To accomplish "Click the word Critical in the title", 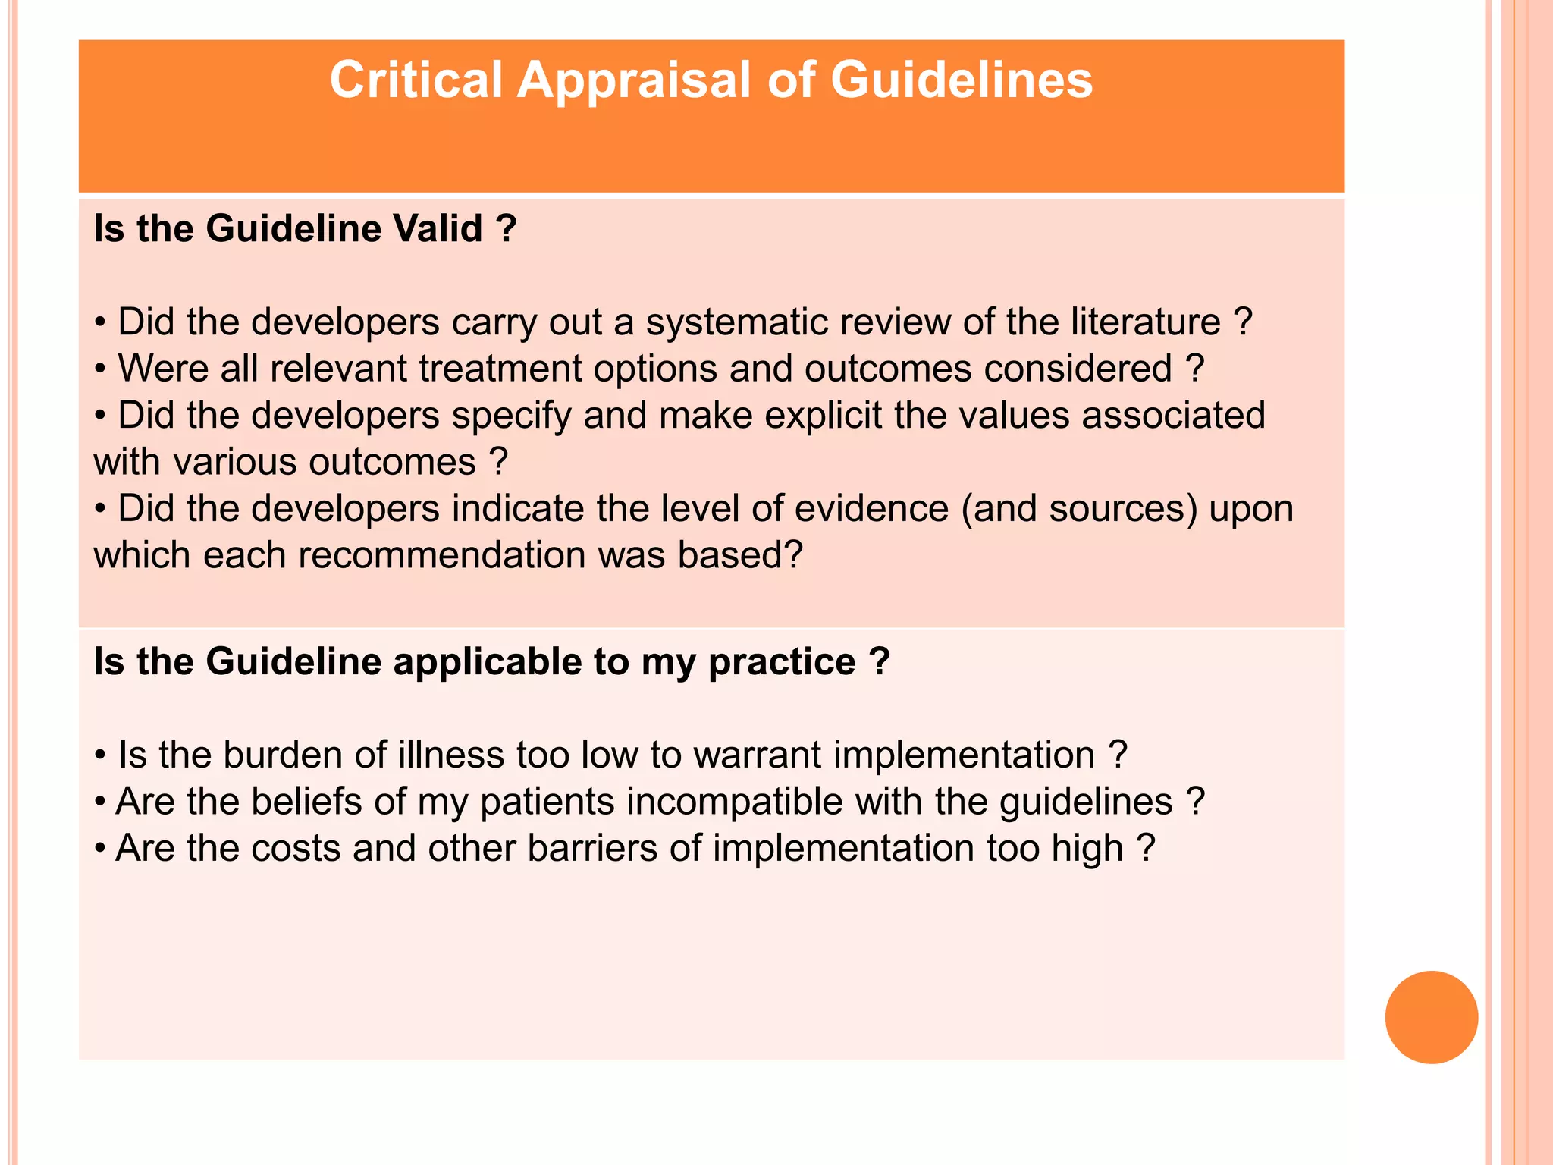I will (x=416, y=80).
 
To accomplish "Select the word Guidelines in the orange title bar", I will (x=962, y=80).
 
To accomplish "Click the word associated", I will (x=1173, y=416).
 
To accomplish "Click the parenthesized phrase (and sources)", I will (x=1080, y=509).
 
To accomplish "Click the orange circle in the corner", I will (x=1431, y=1017).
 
